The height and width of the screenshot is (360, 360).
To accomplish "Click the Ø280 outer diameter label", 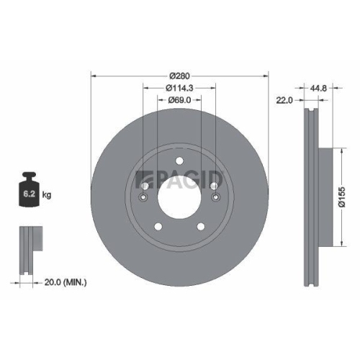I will (179, 75).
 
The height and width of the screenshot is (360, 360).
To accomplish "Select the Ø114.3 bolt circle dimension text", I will (179, 88).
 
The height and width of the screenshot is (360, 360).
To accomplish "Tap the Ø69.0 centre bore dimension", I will (179, 100).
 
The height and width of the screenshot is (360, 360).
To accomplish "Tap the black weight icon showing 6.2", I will (30, 191).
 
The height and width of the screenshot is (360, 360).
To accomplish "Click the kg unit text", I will (48, 195).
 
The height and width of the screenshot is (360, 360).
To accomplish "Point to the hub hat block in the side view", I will (326, 196).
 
